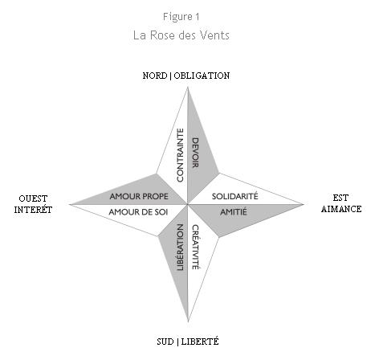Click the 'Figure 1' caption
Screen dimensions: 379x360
(181, 17)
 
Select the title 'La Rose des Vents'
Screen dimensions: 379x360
(181, 35)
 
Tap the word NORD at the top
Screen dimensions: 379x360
(155, 76)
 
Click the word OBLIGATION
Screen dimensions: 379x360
(202, 76)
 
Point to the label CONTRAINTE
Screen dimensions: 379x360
(181, 155)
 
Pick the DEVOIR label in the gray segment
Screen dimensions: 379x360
(195, 153)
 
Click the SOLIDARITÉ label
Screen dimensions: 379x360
(235, 196)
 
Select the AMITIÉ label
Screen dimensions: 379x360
(234, 212)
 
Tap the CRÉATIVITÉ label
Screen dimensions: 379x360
(196, 247)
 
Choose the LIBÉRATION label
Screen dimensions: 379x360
(181, 247)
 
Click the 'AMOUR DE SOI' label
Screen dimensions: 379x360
(138, 212)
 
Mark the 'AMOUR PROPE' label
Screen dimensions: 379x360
(139, 196)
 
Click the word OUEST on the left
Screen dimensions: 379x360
(33, 198)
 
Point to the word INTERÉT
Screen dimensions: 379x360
(33, 210)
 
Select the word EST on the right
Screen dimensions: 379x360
(340, 198)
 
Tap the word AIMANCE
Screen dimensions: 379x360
(341, 209)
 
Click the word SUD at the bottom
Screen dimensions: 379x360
(165, 342)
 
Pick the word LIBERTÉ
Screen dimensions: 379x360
(200, 342)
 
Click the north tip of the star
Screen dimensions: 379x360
(188, 88)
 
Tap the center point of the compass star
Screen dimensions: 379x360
(188, 204)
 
